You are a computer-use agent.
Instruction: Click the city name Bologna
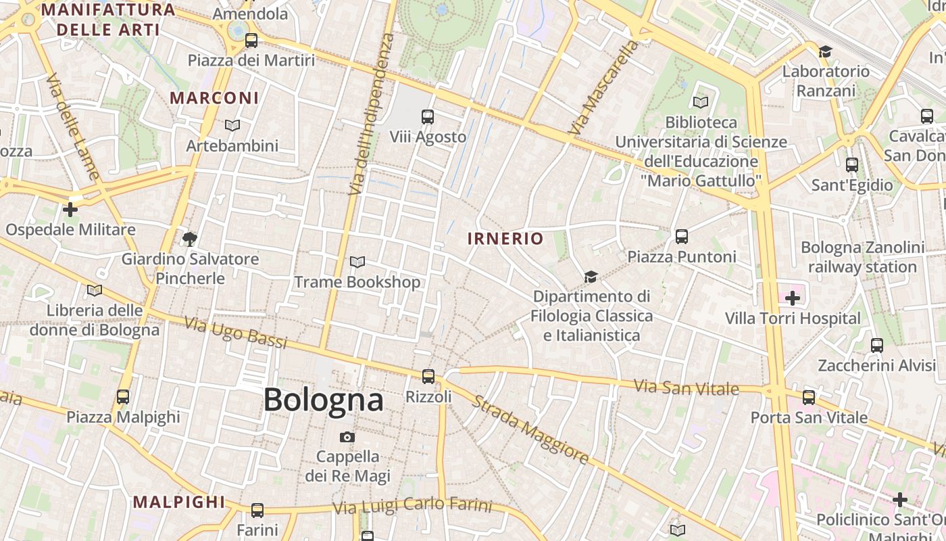click(323, 400)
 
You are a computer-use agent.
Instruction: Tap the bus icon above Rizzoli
click(428, 377)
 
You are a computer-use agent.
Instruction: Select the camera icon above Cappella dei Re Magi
click(347, 437)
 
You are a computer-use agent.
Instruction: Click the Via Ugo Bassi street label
click(236, 333)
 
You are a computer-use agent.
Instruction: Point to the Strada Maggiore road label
click(530, 430)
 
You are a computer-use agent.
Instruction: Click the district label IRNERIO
click(505, 238)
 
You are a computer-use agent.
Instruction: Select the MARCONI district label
click(214, 98)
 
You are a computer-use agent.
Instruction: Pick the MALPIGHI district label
click(179, 502)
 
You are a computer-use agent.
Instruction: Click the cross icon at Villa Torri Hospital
click(792, 298)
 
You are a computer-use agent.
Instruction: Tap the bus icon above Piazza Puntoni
click(681, 237)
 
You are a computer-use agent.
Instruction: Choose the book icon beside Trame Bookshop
click(357, 262)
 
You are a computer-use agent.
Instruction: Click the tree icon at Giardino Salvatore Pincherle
click(189, 238)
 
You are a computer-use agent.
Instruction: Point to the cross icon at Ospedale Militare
click(70, 210)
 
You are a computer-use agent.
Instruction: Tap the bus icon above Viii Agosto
click(427, 116)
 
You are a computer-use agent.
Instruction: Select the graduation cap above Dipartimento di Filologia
click(591, 277)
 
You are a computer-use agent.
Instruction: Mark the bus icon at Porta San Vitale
click(809, 397)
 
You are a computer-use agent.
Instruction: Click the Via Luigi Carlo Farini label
click(412, 505)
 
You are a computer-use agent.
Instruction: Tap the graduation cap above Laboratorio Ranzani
click(824, 51)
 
